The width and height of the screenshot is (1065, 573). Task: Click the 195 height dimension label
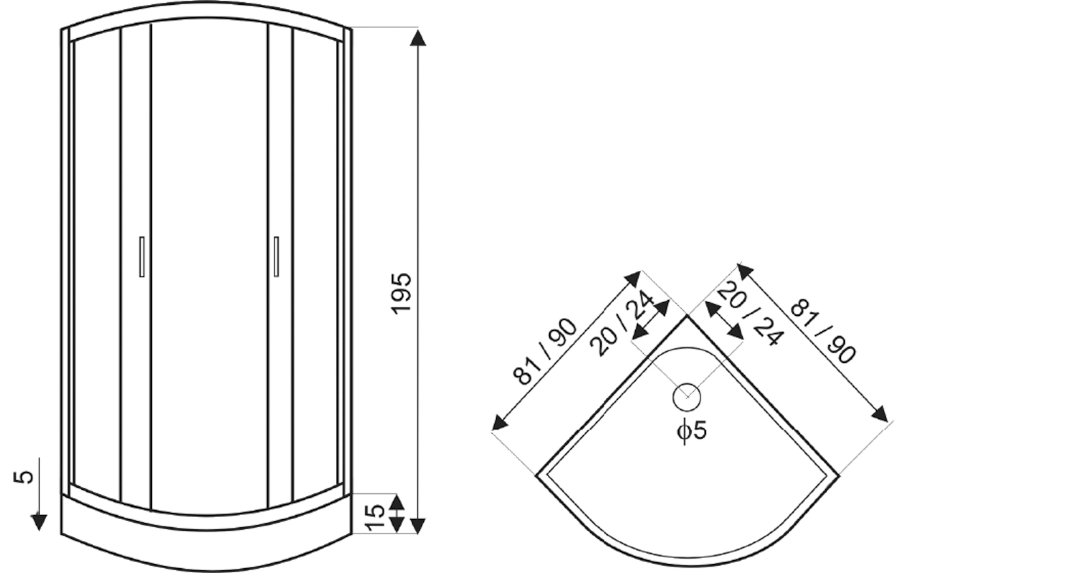click(402, 293)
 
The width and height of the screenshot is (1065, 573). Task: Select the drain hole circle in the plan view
click(686, 397)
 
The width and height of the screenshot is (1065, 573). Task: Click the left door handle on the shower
click(142, 256)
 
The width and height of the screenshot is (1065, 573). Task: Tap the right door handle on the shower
click(276, 256)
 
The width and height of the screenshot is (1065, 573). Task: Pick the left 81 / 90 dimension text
click(545, 351)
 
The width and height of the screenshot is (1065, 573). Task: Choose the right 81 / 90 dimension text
click(822, 332)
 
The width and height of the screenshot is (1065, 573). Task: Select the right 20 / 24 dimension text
click(750, 314)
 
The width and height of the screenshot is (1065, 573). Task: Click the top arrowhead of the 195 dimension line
click(418, 38)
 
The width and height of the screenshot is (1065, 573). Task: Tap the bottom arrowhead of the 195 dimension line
click(418, 525)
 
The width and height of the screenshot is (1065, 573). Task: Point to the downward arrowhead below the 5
click(39, 523)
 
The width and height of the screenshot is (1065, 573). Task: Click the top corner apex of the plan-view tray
click(687, 317)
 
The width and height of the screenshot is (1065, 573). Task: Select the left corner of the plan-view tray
click(538, 474)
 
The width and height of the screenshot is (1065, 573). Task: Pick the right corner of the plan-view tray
click(837, 474)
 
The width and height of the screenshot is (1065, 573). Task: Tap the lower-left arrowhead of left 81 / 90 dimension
click(499, 424)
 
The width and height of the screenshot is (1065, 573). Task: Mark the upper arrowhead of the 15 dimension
click(397, 503)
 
